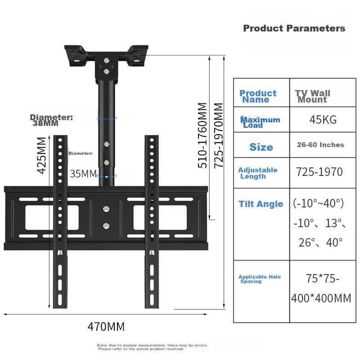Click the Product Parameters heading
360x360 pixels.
click(x=294, y=28)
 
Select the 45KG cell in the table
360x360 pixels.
click(x=323, y=120)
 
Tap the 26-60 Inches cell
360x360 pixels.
click(x=320, y=145)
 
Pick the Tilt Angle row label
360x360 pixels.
click(x=261, y=204)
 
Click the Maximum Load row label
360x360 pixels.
click(x=260, y=122)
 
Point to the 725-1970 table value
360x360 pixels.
click(x=319, y=172)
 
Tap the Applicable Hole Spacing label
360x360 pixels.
click(x=259, y=279)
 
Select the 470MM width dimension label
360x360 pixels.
click(x=106, y=327)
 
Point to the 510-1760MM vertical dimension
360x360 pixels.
click(x=203, y=135)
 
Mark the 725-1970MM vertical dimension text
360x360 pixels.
click(x=219, y=135)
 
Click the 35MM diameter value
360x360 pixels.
click(x=83, y=174)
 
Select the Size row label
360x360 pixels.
click(x=261, y=147)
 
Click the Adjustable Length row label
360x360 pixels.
click(x=257, y=173)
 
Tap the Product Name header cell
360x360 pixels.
click(x=258, y=96)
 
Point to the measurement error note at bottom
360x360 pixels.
click(x=152, y=347)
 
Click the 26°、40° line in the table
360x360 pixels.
click(x=320, y=243)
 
